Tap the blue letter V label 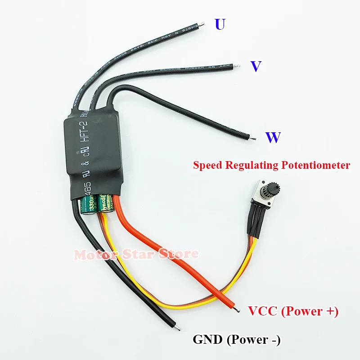(x=256, y=67)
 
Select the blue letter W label (x=273, y=137)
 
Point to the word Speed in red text (x=207, y=165)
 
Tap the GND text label (x=207, y=340)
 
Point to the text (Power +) (x=311, y=311)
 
